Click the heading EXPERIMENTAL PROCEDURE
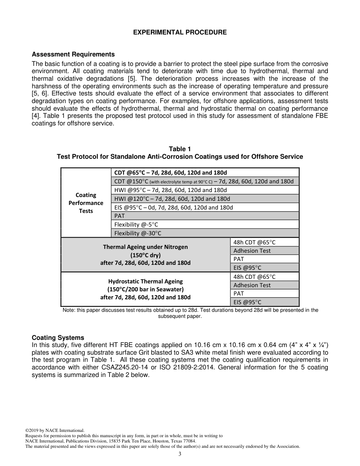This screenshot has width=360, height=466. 180,33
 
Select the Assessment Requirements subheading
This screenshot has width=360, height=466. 73,55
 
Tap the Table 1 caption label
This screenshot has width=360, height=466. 180,149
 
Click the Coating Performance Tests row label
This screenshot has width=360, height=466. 86,203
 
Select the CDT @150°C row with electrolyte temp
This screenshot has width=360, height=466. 204,181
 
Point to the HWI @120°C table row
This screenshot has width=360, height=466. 172,199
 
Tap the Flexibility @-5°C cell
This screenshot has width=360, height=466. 136,225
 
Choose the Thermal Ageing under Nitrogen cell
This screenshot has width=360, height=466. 145,255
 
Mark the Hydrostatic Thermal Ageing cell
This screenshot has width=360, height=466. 145,289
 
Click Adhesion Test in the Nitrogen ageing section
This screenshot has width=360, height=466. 252,251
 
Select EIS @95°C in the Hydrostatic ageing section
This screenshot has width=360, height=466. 247,302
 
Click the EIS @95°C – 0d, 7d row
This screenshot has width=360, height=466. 174,207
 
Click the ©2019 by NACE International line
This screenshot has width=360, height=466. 55,430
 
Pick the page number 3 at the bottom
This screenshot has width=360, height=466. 180,454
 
